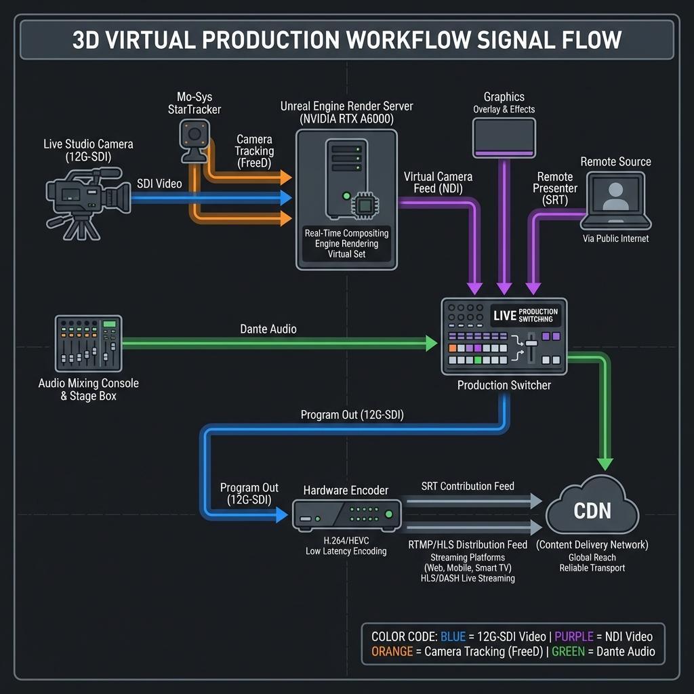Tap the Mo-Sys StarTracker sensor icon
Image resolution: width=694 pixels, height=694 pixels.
pyautogui.click(x=195, y=141)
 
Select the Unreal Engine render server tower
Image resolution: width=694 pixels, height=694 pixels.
pyautogui.click(x=346, y=179)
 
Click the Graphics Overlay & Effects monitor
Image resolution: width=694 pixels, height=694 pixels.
pyautogui.click(x=504, y=138)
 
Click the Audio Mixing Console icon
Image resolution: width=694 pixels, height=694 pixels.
pyautogui.click(x=89, y=344)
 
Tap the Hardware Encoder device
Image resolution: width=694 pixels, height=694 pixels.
pyautogui.click(x=346, y=515)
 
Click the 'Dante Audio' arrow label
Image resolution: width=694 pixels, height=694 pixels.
pyautogui.click(x=268, y=329)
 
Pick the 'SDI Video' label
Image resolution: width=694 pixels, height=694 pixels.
pyautogui.click(x=159, y=184)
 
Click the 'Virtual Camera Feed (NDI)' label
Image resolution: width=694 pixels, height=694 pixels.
pyautogui.click(x=438, y=183)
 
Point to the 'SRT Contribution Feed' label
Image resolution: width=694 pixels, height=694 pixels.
pyautogui.click(x=468, y=486)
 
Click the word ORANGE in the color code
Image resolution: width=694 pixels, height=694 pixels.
pyautogui.click(x=392, y=651)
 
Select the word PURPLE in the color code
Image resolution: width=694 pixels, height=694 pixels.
pyautogui.click(x=573, y=636)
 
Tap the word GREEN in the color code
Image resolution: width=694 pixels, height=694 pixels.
pyautogui.click(x=568, y=651)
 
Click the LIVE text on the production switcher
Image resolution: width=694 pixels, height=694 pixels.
pyautogui.click(x=505, y=316)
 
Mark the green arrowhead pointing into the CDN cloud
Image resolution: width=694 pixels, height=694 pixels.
pyautogui.click(x=605, y=464)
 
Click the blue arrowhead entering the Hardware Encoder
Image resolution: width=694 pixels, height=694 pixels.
pyautogui.click(x=282, y=515)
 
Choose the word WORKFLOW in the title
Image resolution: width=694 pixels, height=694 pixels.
pyautogui.click(x=409, y=40)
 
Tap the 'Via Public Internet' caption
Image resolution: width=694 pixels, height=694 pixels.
pyautogui.click(x=615, y=239)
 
